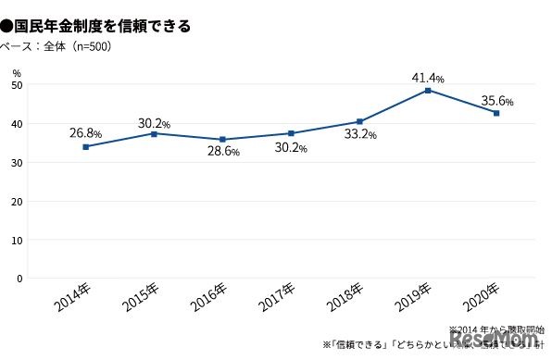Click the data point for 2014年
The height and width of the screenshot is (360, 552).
(86, 146)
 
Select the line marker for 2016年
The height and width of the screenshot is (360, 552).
(222, 140)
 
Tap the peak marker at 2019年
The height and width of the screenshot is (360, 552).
(428, 90)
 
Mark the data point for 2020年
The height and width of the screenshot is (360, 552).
(496, 113)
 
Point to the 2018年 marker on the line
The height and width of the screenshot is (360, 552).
(359, 121)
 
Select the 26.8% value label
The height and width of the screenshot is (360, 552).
(85, 132)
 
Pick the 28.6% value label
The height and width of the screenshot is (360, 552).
(222, 150)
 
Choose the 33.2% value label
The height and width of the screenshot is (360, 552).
(359, 134)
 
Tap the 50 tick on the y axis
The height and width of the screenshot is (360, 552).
(18, 85)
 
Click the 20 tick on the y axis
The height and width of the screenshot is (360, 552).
(18, 201)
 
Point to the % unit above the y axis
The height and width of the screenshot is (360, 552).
(17, 70)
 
